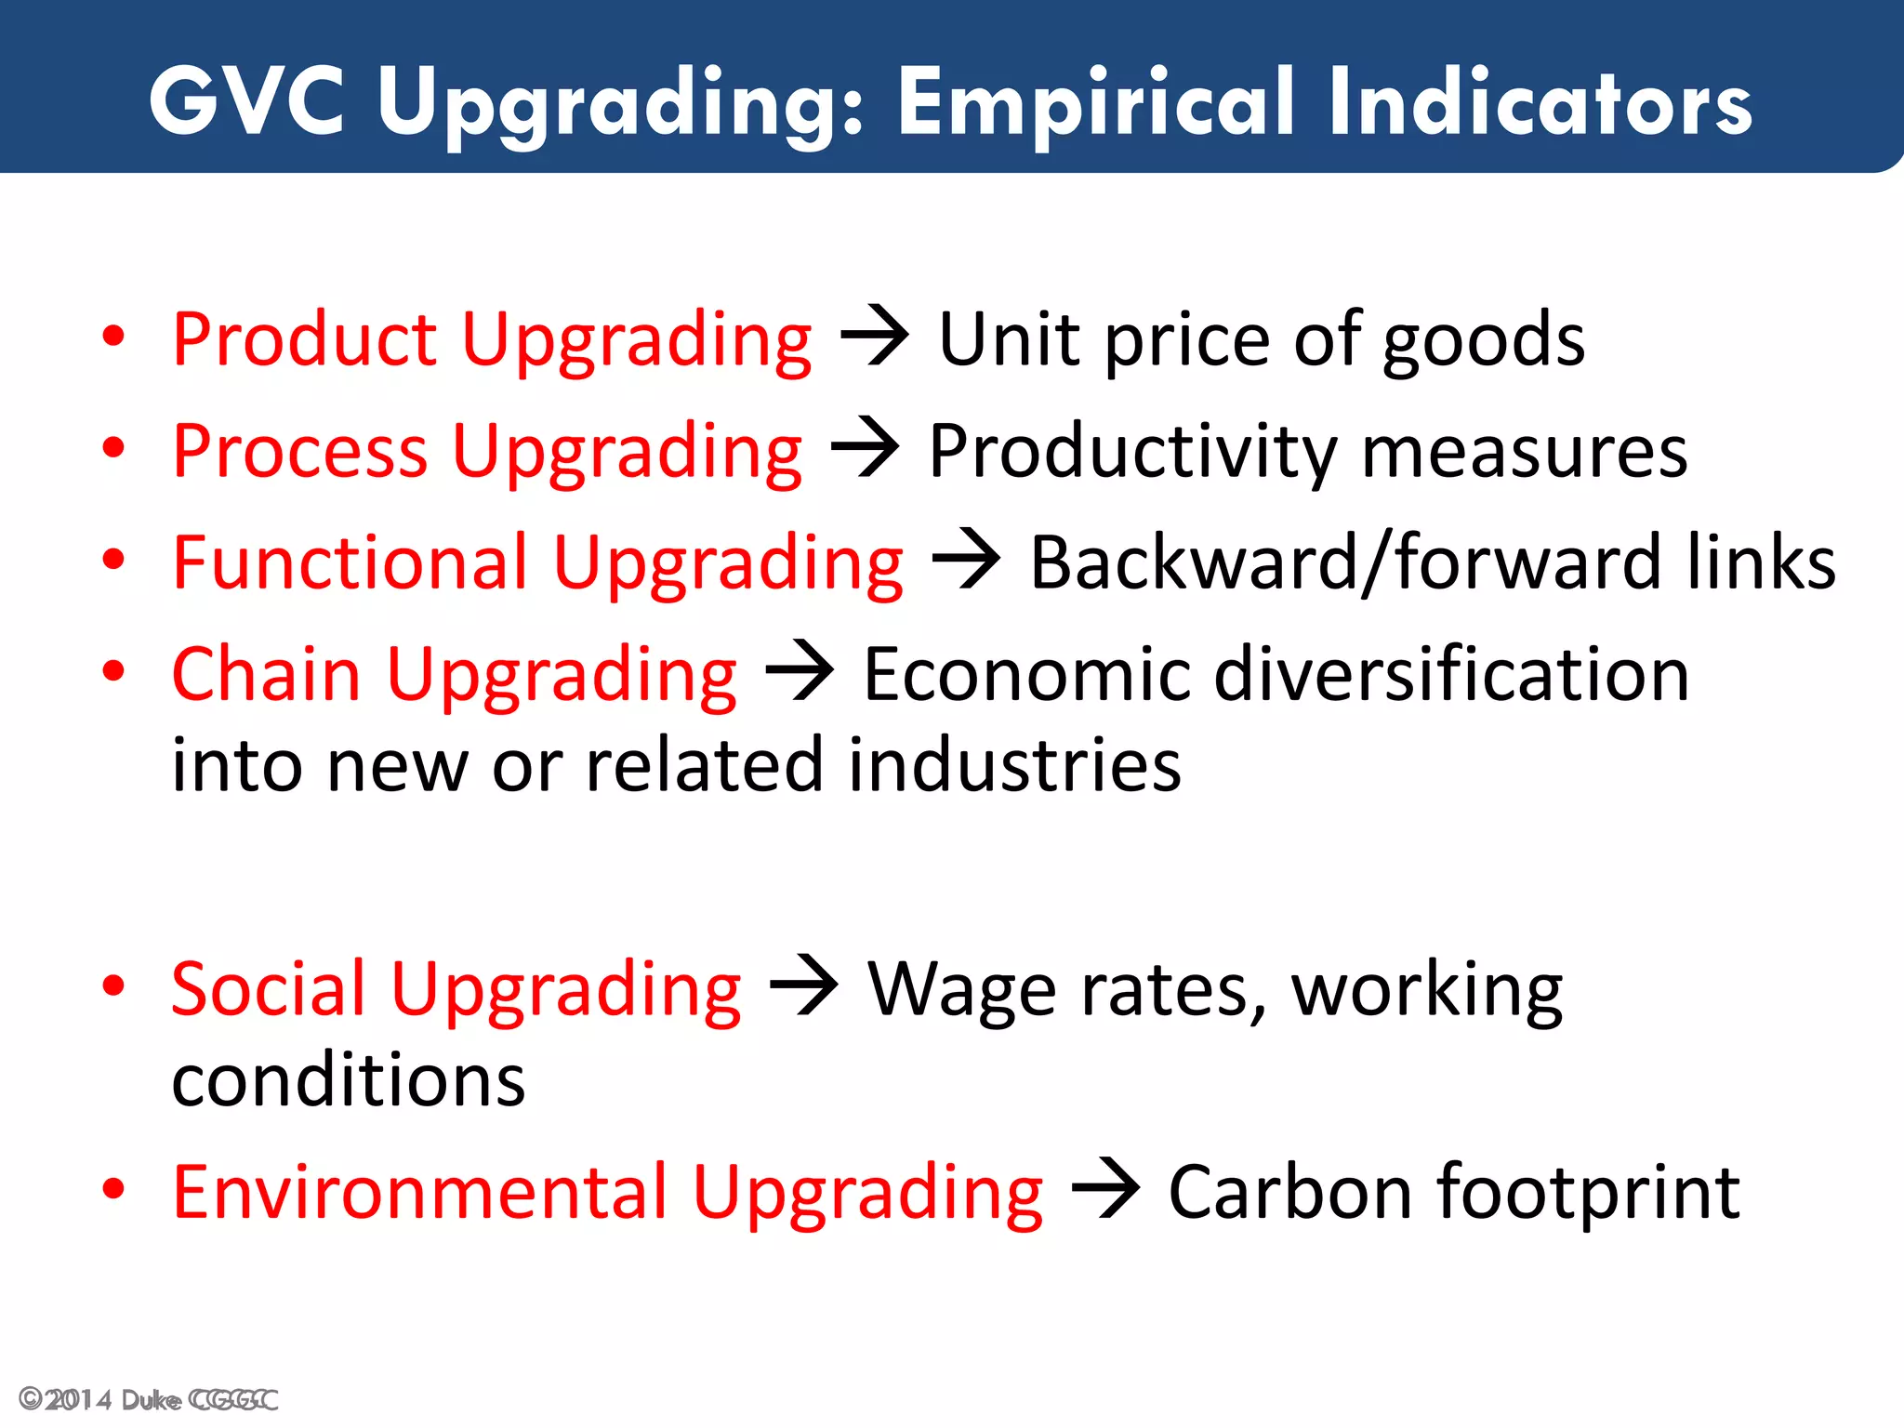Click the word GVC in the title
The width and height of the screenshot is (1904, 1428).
tap(246, 101)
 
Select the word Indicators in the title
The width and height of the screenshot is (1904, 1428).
tap(1540, 101)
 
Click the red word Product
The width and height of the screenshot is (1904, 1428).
tap(304, 340)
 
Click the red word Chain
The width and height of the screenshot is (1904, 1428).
tap(266, 675)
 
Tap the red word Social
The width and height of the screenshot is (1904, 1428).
tap(269, 989)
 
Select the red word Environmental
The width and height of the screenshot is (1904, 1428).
tap(419, 1193)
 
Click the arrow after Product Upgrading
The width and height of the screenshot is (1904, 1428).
tap(874, 336)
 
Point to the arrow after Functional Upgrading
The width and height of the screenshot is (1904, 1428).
tap(966, 559)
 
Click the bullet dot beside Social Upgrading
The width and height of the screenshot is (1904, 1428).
tap(113, 985)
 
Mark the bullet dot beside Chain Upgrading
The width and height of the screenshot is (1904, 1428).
tap(113, 671)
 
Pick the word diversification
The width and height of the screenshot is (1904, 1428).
tap(1451, 675)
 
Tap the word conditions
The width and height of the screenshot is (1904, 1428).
tap(349, 1081)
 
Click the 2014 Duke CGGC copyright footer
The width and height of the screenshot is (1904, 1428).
tap(148, 1400)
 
